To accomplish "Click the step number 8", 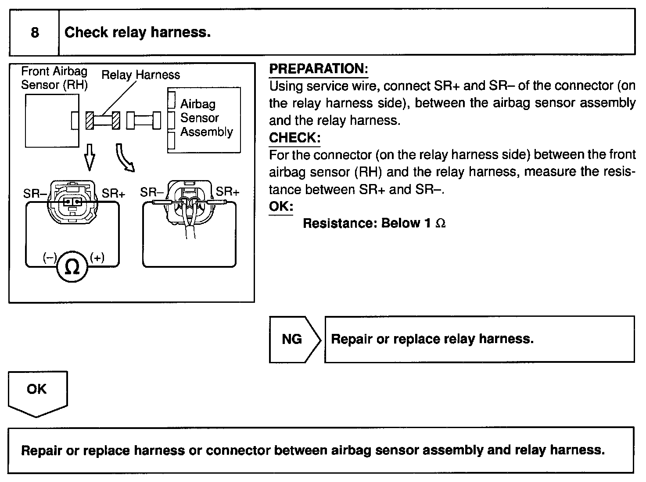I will coord(35,33).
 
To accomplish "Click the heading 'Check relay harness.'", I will coord(137,32).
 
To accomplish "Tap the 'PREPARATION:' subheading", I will coord(318,69).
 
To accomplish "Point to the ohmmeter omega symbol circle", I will coord(72,266).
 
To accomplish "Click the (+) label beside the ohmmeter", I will coord(97,258).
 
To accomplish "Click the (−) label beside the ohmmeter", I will coord(50,258).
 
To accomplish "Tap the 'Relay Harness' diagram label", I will coord(140,75).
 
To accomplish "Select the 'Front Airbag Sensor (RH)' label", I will coord(54,78).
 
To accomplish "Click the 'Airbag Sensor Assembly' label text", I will coord(206,118).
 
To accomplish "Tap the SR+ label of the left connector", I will coord(113,193).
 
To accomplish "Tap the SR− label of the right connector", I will coord(152,192).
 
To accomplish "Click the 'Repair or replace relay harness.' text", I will coord(432,339).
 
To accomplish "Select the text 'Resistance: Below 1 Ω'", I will coord(374,223).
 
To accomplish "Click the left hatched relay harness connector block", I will coord(90,120).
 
